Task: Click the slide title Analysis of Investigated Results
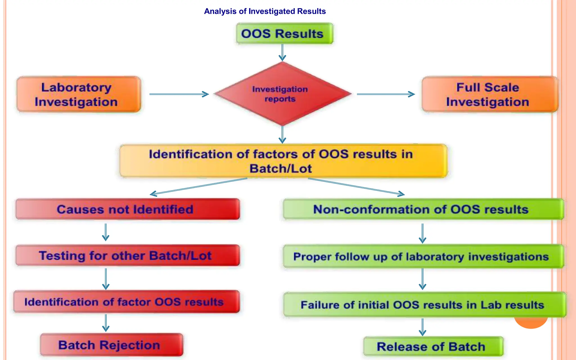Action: pyautogui.click(x=265, y=11)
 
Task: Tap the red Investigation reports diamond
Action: pyautogui.click(x=282, y=94)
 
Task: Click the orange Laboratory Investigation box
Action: pyautogui.click(x=78, y=94)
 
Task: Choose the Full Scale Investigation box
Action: pyautogui.click(x=489, y=94)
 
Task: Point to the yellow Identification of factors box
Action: pyautogui.click(x=283, y=161)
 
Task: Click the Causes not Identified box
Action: pyautogui.click(x=128, y=209)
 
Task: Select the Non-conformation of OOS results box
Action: pyautogui.click(x=423, y=209)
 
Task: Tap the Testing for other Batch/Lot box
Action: pyautogui.click(x=128, y=255)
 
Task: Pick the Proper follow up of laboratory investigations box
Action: pyautogui.click(x=423, y=256)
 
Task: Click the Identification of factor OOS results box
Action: pyautogui.click(x=127, y=302)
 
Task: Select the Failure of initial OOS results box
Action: pyautogui.click(x=424, y=305)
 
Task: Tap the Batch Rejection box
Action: pyautogui.click(x=111, y=345)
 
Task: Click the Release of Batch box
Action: pyautogui.click(x=433, y=346)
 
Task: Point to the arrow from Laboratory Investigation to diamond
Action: pyautogui.click(x=179, y=94)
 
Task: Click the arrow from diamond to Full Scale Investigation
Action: pyautogui.click(x=386, y=94)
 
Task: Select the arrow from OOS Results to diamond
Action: pyautogui.click(x=282, y=53)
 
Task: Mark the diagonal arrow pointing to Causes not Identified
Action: pyautogui.click(x=199, y=186)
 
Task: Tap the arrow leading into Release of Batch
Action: pyautogui.click(x=422, y=327)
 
